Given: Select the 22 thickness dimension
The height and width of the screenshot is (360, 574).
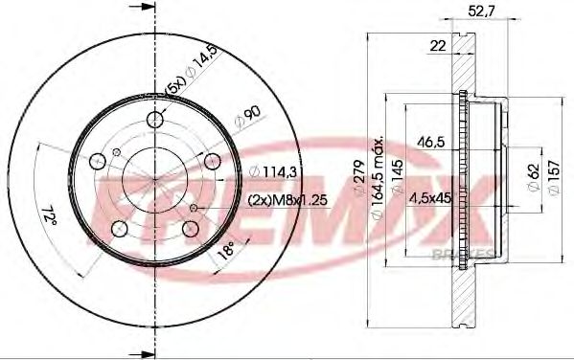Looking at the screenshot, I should (439, 45).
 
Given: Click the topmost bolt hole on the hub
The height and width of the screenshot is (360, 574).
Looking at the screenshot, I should (155, 120).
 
